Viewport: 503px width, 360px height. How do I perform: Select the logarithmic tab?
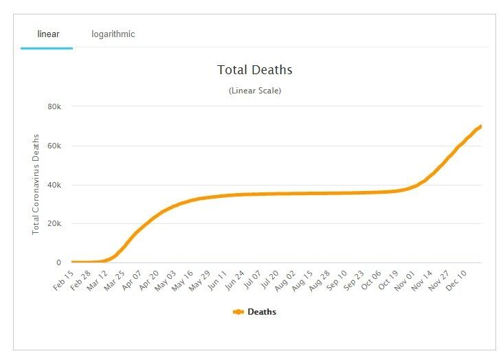pyautogui.click(x=113, y=34)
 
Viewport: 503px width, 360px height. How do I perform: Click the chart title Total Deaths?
pyautogui.click(x=255, y=70)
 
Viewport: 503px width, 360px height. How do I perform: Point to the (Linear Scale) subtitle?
pyautogui.click(x=255, y=91)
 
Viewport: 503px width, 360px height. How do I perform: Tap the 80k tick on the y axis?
pyautogui.click(x=54, y=106)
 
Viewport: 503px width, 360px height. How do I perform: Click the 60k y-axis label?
pyautogui.click(x=54, y=146)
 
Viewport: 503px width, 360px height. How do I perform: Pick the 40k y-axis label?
pyautogui.click(x=54, y=185)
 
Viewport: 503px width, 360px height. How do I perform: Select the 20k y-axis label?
pyautogui.click(x=54, y=224)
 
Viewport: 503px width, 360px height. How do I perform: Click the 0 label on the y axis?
pyautogui.click(x=59, y=262)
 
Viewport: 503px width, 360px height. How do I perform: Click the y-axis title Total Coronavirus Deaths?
pyautogui.click(x=36, y=184)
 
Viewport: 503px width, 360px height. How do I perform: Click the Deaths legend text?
pyautogui.click(x=262, y=312)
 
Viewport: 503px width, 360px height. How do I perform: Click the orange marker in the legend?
pyautogui.click(x=238, y=312)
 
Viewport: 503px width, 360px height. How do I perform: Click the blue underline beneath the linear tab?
pyautogui.click(x=46, y=48)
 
